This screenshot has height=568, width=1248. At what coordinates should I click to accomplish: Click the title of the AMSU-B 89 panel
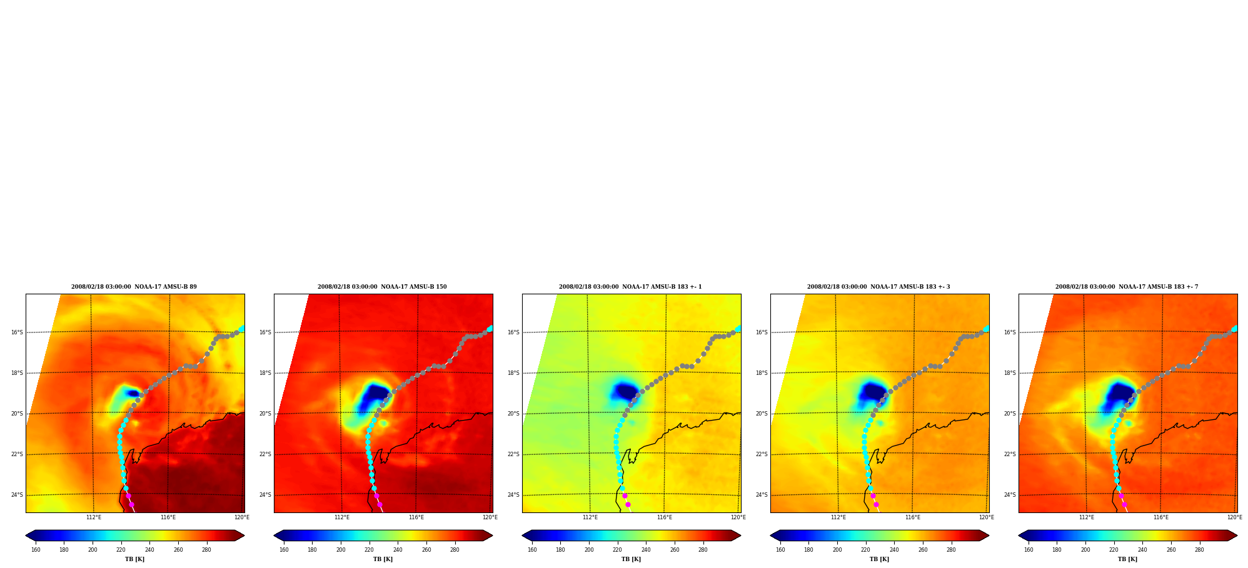coord(134,287)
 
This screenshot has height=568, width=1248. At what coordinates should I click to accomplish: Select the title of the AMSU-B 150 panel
coord(382,287)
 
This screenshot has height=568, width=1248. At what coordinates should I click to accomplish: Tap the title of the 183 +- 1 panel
coord(630,287)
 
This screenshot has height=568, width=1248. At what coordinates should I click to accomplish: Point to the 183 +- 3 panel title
coord(878,287)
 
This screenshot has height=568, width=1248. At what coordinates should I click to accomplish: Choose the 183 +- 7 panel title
coord(1127,287)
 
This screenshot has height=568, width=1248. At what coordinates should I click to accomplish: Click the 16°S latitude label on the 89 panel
coord(17,332)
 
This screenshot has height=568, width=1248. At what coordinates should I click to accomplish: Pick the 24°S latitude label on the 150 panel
coord(265,495)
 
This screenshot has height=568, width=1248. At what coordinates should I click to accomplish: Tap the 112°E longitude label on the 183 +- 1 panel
coord(590,517)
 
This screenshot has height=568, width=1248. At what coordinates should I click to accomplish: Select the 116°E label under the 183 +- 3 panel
coord(913,517)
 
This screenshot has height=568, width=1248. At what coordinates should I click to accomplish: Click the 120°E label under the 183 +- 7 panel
coord(1235,517)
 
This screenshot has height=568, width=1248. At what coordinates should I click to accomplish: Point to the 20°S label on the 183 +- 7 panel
coord(1010,414)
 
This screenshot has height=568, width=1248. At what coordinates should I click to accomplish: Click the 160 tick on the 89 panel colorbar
coord(36,550)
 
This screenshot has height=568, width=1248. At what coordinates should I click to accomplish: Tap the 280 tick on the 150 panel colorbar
coord(455,550)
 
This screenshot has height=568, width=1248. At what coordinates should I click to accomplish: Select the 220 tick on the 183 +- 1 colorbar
coord(617,550)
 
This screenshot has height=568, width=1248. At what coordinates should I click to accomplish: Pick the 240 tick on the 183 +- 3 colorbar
coord(894,550)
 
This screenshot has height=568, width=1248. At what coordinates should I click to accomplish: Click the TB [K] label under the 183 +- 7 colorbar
coord(1127,559)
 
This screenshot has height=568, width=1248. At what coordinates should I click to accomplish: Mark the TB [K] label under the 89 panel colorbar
coord(134,559)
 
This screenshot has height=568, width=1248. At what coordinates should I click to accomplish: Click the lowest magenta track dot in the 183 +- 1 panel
coord(628,504)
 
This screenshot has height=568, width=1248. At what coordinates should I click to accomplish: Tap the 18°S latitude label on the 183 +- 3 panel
coord(762,373)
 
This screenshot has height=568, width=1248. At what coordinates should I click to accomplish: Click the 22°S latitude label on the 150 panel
coord(265,454)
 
